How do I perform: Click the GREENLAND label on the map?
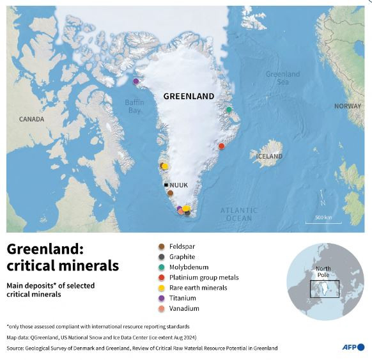coord(189,97)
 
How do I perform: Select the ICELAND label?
coord(269,156)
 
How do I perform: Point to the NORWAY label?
coord(348,106)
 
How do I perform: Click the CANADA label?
coord(31,119)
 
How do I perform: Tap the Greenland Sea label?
coord(283,78)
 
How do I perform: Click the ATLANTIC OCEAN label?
coord(239,214)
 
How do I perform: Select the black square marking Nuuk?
coord(166,185)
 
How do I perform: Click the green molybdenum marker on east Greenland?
coord(229,110)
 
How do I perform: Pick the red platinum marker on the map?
coord(222,146)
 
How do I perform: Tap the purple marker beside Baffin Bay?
coord(136,81)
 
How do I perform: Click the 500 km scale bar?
coord(318,221)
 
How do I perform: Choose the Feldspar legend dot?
coord(160,246)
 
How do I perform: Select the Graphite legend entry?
coord(183,256)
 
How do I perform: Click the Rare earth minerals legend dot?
coord(160,288)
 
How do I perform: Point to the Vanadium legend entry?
coord(184,308)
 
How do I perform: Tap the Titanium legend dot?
coord(160,298)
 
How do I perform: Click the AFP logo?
coord(351,347)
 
